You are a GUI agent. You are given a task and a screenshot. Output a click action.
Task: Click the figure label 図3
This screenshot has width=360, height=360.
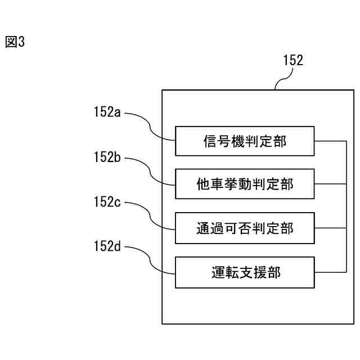pyautogui.click(x=15, y=42)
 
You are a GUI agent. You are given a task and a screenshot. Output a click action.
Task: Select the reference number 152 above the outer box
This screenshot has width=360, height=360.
pyautogui.click(x=293, y=60)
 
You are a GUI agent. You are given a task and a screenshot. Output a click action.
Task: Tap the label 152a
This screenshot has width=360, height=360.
pyautogui.click(x=107, y=112)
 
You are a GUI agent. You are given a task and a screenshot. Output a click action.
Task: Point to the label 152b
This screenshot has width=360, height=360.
pyautogui.click(x=107, y=157)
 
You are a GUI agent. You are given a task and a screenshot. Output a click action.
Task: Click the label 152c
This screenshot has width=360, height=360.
pyautogui.click(x=107, y=202)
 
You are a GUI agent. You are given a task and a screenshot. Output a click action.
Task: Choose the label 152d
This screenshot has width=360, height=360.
pyautogui.click(x=107, y=246)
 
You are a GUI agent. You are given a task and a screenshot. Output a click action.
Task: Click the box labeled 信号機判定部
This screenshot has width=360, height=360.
pyautogui.click(x=245, y=141)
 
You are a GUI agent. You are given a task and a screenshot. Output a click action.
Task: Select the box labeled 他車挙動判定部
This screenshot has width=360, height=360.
pyautogui.click(x=245, y=184)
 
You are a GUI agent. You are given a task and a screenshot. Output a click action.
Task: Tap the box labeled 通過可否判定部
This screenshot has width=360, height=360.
pyautogui.click(x=245, y=228)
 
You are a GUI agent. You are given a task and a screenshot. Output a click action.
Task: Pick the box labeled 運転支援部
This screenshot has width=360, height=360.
pyautogui.click(x=245, y=272)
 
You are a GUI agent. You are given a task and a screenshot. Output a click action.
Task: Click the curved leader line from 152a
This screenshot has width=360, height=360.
pyautogui.click(x=150, y=127)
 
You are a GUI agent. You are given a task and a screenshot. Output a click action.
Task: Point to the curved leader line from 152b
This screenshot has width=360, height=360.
pyautogui.click(x=150, y=172)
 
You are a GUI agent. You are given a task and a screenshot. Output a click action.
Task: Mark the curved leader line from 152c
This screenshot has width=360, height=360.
pyautogui.click(x=150, y=216)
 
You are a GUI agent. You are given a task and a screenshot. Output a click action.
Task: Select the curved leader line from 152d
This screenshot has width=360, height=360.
pyautogui.click(x=150, y=260)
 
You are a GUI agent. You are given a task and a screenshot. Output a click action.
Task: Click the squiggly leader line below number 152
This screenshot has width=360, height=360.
pyautogui.click(x=284, y=79)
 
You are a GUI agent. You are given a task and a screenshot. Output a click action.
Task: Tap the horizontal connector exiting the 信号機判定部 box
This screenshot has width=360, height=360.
pyautogui.click(x=330, y=141)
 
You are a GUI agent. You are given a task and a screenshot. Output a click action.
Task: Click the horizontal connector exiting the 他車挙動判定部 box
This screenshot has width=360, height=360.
pyautogui.click(x=330, y=184)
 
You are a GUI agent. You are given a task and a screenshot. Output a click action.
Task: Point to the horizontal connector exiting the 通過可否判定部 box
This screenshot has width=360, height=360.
pyautogui.click(x=330, y=228)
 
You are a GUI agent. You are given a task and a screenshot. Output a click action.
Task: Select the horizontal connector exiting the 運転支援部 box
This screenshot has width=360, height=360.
pyautogui.click(x=330, y=272)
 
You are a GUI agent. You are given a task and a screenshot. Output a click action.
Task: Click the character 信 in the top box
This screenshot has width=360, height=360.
pyautogui.click(x=210, y=141)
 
